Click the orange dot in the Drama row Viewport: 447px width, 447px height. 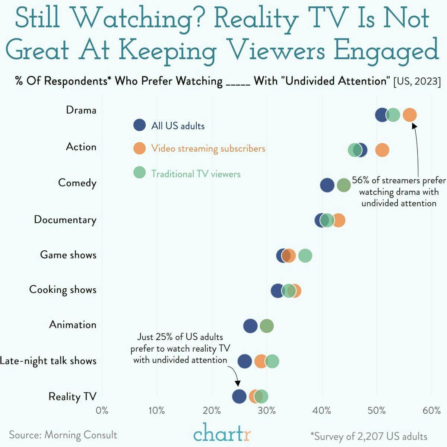pos(410,115)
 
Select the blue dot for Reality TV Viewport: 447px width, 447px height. pos(239,396)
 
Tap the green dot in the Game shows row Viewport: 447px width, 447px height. pos(305,256)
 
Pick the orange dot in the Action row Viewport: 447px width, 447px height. pos(382,150)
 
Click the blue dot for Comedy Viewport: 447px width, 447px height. pos(327,185)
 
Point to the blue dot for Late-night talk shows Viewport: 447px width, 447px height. pos(245,361)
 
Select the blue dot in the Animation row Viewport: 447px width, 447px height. pos(250,326)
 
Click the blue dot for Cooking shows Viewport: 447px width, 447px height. pos(278,291)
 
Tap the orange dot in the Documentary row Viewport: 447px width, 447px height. pos(339,220)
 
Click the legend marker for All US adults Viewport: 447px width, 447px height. pos(139,125)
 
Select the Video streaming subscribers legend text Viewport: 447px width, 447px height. pos(208,148)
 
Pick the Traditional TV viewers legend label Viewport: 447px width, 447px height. pos(196,174)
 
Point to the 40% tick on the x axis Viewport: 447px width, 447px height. pos(322,410)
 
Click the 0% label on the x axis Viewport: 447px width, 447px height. pos(102,410)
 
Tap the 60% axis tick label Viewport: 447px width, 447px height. pos(432,410)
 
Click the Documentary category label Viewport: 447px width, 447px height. pos(65,219)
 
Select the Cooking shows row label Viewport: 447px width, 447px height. pos(63,289)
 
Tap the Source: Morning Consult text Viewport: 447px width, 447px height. pos(63,435)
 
